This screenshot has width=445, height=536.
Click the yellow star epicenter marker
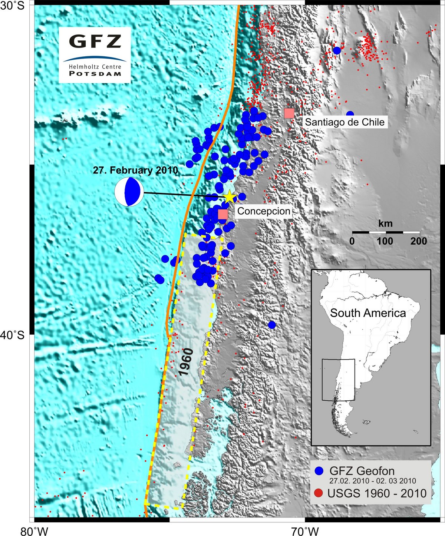[230, 197]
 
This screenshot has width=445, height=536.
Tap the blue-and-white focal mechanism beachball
[129, 192]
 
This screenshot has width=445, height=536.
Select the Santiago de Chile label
[345, 122]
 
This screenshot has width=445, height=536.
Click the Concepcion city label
[264, 211]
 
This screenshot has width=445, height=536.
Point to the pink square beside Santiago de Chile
[289, 113]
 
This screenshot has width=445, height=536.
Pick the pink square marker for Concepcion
[223, 214]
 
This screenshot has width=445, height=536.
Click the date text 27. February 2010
[135, 171]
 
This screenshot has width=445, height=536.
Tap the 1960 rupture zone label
[187, 362]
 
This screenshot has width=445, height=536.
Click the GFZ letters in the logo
[95, 42]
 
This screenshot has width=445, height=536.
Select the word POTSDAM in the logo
[95, 73]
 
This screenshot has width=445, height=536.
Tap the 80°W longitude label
[34, 532]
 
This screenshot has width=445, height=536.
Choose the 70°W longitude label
[305, 532]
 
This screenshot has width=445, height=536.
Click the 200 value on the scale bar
[419, 241]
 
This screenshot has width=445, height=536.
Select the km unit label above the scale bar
[385, 224]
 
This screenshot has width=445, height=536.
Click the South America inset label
[368, 313]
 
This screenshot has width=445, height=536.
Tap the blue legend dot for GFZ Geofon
[319, 471]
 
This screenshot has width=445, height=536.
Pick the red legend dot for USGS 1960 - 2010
[319, 493]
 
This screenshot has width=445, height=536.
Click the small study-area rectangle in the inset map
[338, 380]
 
